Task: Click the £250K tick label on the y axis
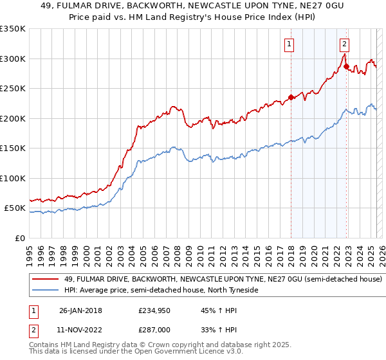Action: [13, 89]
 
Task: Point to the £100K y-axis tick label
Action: [13, 179]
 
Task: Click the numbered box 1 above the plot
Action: [289, 44]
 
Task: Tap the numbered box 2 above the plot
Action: [345, 44]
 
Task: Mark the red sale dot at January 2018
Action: [291, 98]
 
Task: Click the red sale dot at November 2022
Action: [345, 66]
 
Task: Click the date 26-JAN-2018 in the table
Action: [77, 310]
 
